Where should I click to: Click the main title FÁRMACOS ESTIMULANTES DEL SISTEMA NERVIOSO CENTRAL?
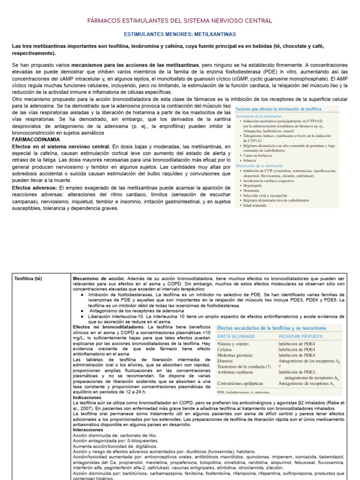(180, 21)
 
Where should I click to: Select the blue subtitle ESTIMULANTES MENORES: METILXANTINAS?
(180, 35)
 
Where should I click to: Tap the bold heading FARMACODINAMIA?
(36, 140)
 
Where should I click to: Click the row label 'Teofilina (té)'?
(28, 278)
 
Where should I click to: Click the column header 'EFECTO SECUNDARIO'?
(236, 337)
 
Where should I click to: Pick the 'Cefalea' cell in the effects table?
(225, 349)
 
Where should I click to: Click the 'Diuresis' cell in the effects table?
(226, 361)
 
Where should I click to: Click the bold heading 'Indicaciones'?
(88, 397)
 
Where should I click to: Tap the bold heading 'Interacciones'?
(88, 430)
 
